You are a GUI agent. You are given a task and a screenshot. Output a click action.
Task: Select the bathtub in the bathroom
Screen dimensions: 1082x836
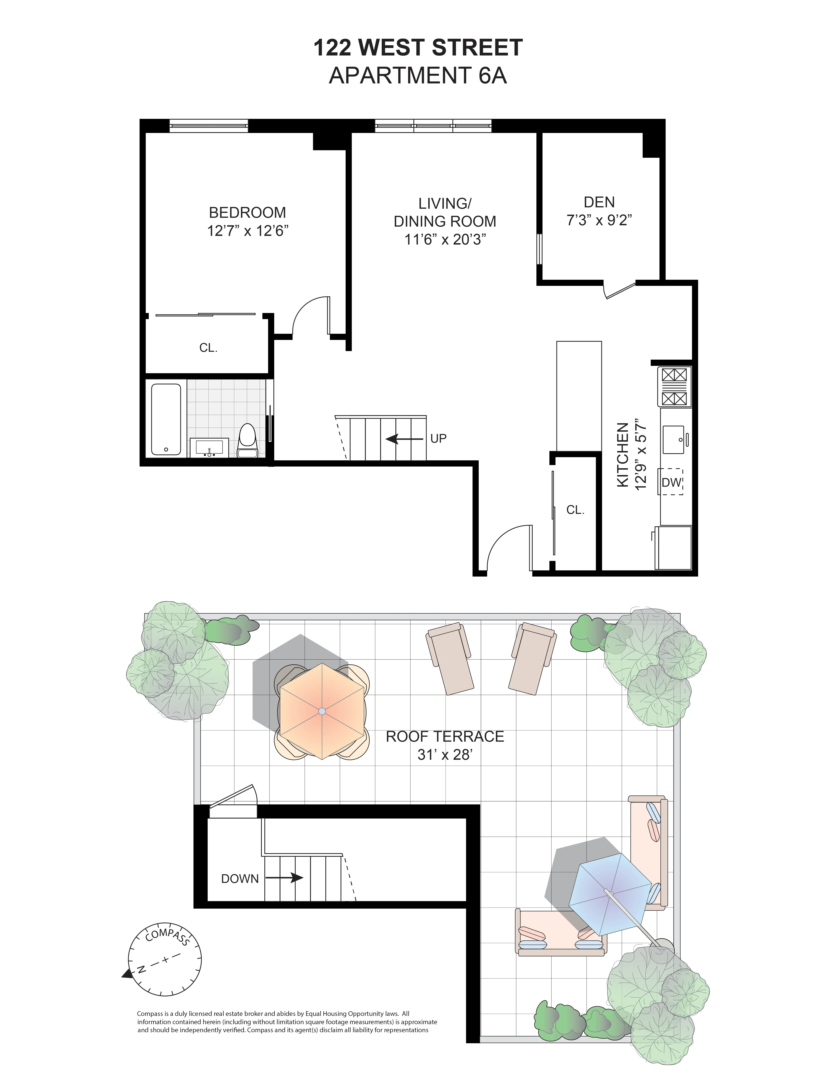click(166, 419)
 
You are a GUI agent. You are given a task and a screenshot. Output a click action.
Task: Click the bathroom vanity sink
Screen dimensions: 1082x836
click(209, 448)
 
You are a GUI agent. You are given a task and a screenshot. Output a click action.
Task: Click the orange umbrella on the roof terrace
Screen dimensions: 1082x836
click(322, 711)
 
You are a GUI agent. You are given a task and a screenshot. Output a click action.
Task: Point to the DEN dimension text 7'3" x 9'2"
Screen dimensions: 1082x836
click(599, 220)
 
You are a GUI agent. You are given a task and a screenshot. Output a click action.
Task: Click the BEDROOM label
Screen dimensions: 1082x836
click(247, 212)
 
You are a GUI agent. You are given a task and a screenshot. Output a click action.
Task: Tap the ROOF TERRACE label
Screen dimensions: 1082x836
click(445, 737)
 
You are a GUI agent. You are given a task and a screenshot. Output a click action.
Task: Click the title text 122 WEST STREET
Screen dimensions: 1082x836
click(418, 48)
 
